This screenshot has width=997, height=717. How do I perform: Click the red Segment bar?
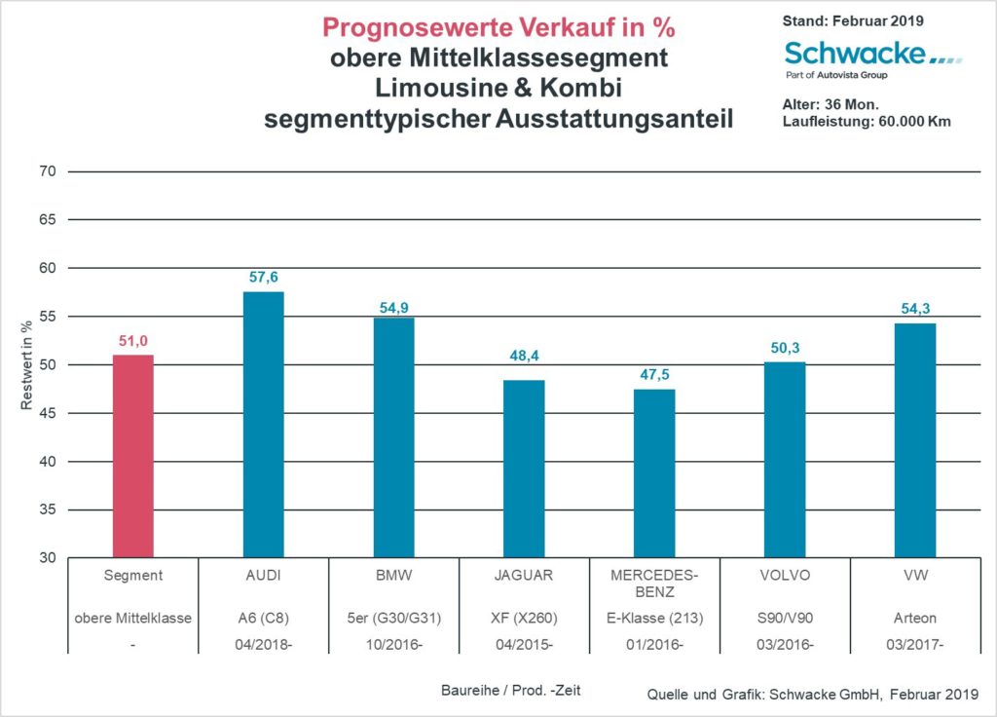[133, 456]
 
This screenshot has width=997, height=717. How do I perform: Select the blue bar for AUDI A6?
[263, 425]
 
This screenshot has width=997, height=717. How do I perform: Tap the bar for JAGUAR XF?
[524, 469]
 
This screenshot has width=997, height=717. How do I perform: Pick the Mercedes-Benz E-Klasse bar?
[654, 473]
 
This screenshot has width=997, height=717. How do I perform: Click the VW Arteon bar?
[915, 440]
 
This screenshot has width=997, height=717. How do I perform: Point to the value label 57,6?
[263, 278]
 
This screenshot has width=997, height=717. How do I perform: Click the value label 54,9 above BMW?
[394, 308]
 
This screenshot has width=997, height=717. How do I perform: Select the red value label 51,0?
[133, 340]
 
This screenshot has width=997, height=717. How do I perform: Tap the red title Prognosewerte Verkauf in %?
[498, 27]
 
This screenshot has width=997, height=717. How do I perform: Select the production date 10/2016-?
[393, 644]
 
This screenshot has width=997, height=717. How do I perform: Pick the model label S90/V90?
[785, 618]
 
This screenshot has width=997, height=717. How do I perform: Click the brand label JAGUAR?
[524, 575]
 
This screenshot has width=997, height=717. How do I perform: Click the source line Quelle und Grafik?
[813, 694]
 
